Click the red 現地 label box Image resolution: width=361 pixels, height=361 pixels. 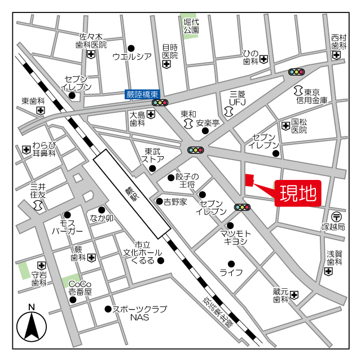click(298, 193)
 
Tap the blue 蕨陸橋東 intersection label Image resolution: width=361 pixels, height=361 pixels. click(143, 94)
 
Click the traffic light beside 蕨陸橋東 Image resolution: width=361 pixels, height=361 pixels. click(161, 103)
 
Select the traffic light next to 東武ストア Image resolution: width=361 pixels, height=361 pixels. click(196, 150)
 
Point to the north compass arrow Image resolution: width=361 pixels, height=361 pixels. click(32, 325)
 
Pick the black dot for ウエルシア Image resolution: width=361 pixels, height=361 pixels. click(131, 48)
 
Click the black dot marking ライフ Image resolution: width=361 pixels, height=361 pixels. click(231, 263)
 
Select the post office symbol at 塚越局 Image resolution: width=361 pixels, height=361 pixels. click(337, 216)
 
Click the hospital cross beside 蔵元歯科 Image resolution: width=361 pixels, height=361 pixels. click(294, 295)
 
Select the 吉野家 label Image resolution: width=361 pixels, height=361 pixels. click(175, 201)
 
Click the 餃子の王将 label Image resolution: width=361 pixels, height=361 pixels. click(187, 181)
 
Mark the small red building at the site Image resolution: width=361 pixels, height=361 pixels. click(248, 180)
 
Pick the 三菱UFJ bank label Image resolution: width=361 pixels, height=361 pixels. click(237, 98)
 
